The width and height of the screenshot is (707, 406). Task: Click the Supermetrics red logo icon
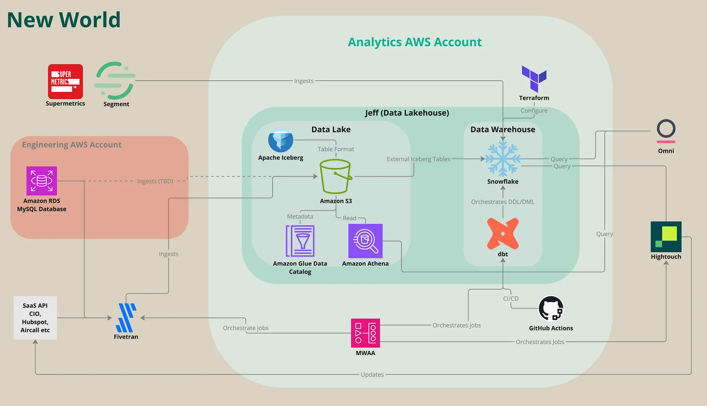(x=65, y=82)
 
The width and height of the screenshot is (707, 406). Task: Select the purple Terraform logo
(x=534, y=79)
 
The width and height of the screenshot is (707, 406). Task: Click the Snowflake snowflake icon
(x=503, y=159)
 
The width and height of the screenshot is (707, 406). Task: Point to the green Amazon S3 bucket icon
(x=335, y=176)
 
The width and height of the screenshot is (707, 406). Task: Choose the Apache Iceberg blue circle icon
(x=281, y=140)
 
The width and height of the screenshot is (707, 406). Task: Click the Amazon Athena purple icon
(x=366, y=241)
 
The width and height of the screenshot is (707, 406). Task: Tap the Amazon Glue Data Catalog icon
(x=300, y=241)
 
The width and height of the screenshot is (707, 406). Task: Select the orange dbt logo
(x=503, y=234)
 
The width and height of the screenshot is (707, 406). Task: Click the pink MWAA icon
(x=366, y=333)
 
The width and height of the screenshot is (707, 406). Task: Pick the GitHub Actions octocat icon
(x=551, y=308)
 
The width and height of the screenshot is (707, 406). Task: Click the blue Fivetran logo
(x=126, y=318)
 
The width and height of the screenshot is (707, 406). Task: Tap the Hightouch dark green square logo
(x=666, y=237)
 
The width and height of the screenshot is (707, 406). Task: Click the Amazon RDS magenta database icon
(x=42, y=181)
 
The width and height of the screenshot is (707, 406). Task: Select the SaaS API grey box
(x=35, y=318)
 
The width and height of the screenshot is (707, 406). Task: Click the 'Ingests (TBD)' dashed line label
(x=155, y=181)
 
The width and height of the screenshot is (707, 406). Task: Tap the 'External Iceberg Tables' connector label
(x=419, y=159)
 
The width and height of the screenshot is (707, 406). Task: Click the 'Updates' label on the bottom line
(x=372, y=375)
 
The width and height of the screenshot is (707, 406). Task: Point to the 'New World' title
(x=64, y=20)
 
